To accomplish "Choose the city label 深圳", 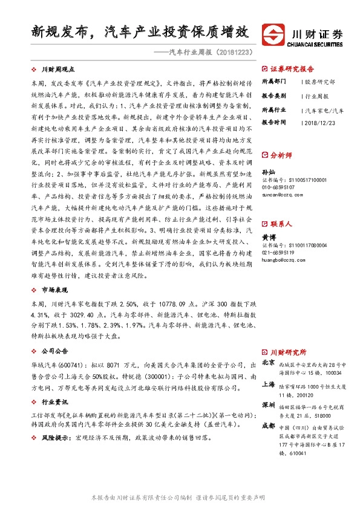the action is tap(268, 404).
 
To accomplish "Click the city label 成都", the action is tap(268, 426).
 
